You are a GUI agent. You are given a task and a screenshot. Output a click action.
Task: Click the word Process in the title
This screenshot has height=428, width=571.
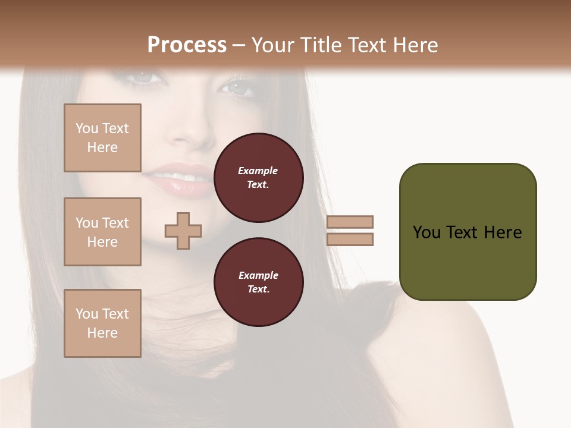[x=187, y=45]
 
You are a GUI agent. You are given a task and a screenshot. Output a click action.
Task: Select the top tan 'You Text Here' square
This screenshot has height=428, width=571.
[x=102, y=138]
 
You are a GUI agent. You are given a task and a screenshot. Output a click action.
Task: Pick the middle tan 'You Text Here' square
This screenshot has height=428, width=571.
[x=102, y=232]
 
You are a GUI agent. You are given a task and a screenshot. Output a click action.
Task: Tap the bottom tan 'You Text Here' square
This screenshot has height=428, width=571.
[x=102, y=323]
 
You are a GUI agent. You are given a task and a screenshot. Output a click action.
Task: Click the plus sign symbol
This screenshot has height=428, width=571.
[x=183, y=231]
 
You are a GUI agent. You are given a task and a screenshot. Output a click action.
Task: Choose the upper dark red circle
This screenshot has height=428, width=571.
[x=258, y=178]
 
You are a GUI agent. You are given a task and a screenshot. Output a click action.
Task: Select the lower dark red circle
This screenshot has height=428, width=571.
[x=258, y=282]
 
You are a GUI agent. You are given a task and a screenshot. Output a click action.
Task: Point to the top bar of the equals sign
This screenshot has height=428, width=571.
[x=350, y=222]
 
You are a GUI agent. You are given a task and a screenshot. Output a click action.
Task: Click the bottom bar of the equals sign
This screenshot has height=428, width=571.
[x=350, y=239]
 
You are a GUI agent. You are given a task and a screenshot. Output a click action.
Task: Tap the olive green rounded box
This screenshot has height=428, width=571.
[x=468, y=232]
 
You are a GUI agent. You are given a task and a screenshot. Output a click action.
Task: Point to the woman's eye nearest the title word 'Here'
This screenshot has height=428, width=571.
[x=237, y=87]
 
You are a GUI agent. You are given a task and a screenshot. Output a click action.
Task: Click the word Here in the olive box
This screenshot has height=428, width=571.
[x=503, y=232]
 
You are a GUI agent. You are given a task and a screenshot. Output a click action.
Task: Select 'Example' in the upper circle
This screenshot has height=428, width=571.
[x=258, y=171]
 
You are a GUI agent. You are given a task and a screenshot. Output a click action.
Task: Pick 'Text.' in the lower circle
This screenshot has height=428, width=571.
[x=258, y=289]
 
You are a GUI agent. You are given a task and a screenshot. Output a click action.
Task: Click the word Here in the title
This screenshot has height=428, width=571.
[x=414, y=45]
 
